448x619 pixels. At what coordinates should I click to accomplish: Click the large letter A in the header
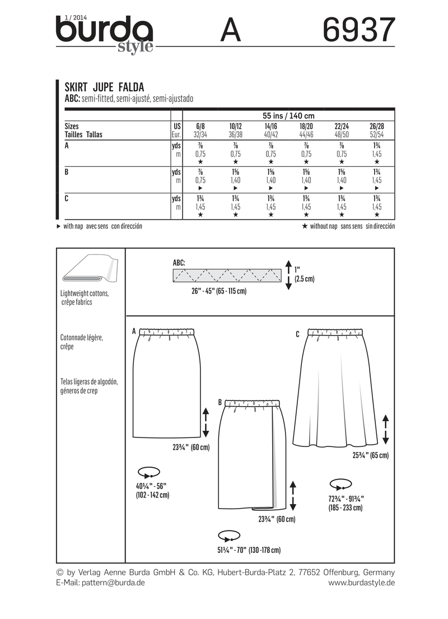coord(231,30)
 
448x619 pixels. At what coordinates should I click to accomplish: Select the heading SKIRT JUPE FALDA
coord(105,87)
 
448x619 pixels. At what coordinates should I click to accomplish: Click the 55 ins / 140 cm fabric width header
coord(288,115)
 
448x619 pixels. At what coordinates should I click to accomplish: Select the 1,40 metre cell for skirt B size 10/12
coord(236,181)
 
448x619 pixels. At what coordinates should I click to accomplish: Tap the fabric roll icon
coord(89,272)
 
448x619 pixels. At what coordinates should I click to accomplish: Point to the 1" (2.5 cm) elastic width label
coord(305,274)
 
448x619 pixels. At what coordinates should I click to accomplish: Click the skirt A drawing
coord(168,381)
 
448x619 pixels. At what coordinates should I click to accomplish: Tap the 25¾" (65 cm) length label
coord(370,455)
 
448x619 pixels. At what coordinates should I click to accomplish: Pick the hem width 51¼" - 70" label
coord(250,550)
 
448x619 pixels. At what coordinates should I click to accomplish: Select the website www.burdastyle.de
coord(361,583)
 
